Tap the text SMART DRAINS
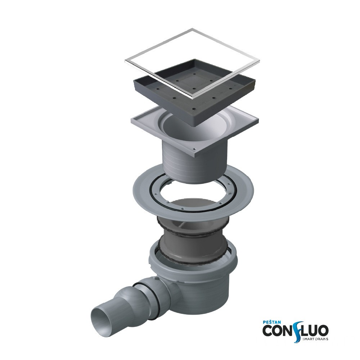coord(315,339)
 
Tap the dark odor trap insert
coord(193,243)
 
